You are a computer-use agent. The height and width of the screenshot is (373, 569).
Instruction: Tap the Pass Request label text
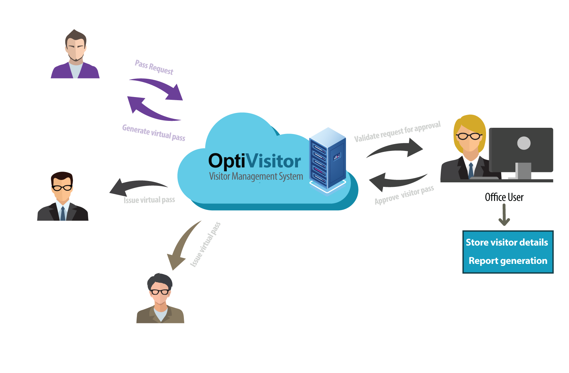pyautogui.click(x=154, y=67)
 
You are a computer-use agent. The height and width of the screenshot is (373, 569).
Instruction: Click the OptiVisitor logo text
pyautogui.click(x=254, y=161)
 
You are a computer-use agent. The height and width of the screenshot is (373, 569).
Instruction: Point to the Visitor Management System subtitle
pyautogui.click(x=256, y=176)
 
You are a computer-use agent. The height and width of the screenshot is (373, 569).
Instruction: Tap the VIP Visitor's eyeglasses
pyautogui.click(x=62, y=188)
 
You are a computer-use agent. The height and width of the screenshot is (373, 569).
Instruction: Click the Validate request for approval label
pyautogui.click(x=397, y=132)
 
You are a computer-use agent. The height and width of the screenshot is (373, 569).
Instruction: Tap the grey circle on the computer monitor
pyautogui.click(x=524, y=143)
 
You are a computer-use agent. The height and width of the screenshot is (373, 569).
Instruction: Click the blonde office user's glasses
pyautogui.click(x=469, y=136)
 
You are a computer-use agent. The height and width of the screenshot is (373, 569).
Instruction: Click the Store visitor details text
pyautogui.click(x=507, y=242)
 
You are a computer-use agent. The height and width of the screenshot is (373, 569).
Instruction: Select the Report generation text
pyautogui.click(x=508, y=261)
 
